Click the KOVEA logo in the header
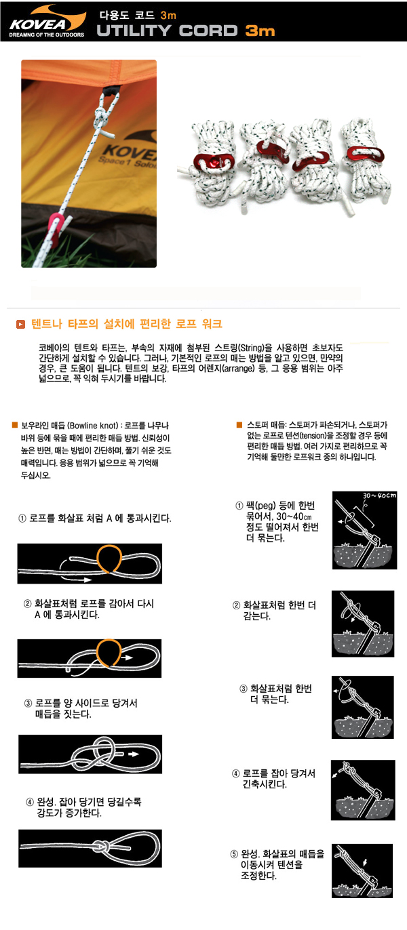[47, 22]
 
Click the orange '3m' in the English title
[260, 31]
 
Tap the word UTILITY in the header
[134, 31]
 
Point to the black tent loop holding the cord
[111, 90]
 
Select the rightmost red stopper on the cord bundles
[366, 153]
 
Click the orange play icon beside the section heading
[20, 324]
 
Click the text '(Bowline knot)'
[93, 426]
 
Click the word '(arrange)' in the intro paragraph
[238, 368]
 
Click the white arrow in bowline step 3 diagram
[133, 754]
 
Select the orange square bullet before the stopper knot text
[239, 424]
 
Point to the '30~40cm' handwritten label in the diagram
[379, 496]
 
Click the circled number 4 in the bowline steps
[30, 802]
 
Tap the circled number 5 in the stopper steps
[234, 854]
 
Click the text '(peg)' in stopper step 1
[265, 506]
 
